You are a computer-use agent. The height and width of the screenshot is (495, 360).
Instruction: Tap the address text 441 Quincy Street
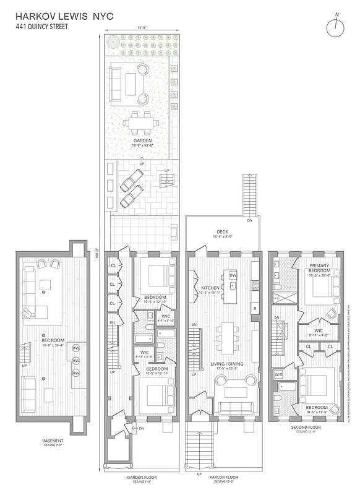point(43,27)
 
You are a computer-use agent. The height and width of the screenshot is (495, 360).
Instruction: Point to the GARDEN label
point(143,141)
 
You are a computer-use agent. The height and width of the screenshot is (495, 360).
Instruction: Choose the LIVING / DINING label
point(228,364)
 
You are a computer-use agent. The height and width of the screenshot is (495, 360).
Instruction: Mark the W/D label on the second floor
point(278,374)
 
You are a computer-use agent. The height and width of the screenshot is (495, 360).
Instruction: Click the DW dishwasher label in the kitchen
point(233,275)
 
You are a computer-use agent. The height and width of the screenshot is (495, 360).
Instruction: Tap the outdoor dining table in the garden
point(142,123)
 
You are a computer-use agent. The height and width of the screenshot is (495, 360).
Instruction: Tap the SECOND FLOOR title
point(307,427)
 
